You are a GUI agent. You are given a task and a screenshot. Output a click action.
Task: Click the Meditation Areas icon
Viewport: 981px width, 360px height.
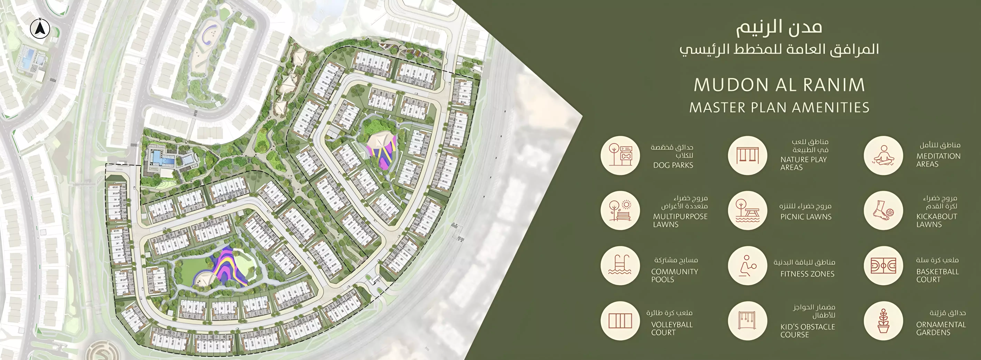point(883,155)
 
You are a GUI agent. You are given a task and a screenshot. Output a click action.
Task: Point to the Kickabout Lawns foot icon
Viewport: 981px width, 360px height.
point(883,210)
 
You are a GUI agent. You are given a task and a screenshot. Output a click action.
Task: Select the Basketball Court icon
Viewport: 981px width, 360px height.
point(883,266)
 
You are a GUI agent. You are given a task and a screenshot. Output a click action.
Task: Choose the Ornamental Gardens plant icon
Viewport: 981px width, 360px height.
point(883,321)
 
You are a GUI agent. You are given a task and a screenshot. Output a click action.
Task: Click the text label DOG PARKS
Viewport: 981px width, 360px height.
point(673,165)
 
